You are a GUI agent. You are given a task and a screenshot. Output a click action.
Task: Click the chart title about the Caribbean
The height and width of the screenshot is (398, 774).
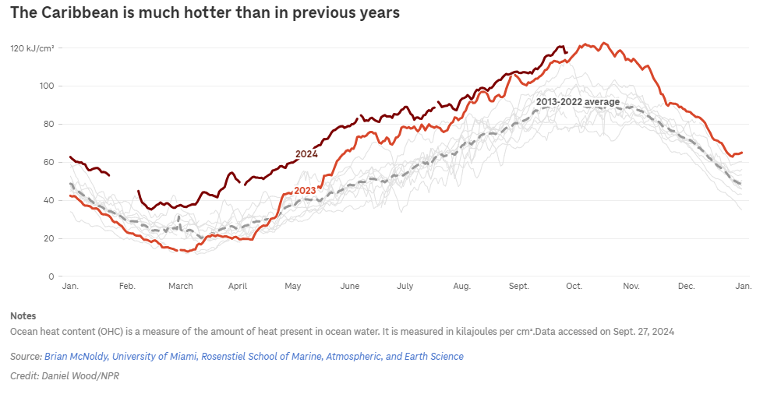[204, 13]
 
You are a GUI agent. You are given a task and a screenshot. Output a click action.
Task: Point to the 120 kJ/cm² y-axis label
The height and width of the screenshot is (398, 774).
[32, 48]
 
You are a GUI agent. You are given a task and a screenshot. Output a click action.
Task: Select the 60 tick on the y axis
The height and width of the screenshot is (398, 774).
[48, 162]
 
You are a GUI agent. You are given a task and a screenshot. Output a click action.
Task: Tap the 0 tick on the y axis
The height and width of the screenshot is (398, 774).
[51, 276]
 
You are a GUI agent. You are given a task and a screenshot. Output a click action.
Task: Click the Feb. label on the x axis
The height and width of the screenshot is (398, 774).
[127, 287]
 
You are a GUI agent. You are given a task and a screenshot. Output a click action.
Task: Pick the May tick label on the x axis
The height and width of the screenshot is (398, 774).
[292, 287]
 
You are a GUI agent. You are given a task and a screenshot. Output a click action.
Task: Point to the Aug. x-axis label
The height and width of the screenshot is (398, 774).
[461, 287]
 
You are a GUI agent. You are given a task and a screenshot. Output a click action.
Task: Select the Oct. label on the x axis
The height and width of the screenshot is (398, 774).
[574, 287]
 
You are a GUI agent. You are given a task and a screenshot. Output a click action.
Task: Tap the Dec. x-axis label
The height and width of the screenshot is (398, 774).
[686, 287]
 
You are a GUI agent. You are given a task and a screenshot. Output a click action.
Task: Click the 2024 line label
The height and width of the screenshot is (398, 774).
[306, 154]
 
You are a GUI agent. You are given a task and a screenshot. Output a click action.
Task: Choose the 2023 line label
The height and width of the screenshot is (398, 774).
[305, 191]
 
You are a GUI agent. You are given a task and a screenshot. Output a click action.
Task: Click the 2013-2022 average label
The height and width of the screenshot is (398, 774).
[578, 102]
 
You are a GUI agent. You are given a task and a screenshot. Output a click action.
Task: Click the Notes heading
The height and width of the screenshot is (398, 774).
[23, 315]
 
